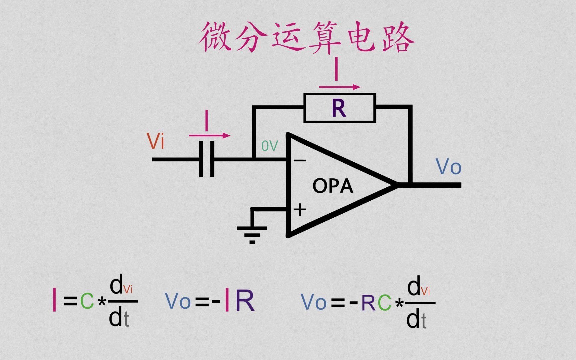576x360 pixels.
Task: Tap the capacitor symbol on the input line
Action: (207, 159)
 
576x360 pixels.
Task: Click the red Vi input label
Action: (156, 142)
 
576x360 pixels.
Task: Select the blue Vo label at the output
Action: (448, 167)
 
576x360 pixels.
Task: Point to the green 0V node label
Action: (269, 146)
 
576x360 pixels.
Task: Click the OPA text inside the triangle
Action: (332, 186)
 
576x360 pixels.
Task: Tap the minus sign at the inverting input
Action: (300, 161)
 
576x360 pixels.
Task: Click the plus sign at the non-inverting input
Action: (300, 210)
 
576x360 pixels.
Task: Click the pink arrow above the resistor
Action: (339, 87)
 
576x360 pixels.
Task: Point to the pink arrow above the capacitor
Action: (209, 136)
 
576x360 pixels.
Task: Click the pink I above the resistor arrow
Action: (336, 69)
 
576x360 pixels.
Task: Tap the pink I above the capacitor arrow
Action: (207, 121)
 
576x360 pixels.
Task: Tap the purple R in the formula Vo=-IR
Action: (245, 301)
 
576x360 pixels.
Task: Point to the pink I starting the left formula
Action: (54, 300)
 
